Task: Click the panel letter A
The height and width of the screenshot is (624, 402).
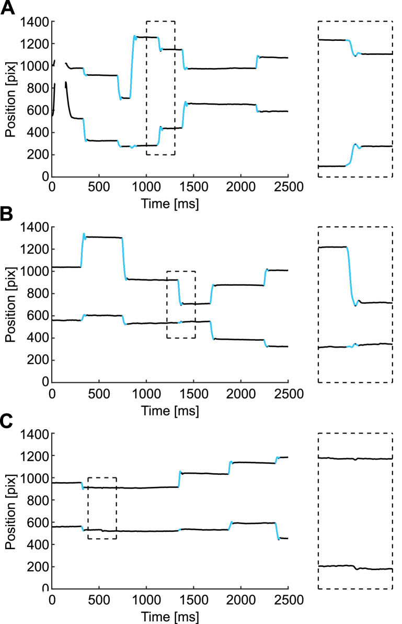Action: coord(8,9)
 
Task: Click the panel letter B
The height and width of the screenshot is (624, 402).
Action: coord(8,214)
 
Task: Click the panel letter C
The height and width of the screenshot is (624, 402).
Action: coord(8,421)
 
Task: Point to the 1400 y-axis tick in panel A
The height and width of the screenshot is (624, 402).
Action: coord(35,22)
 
